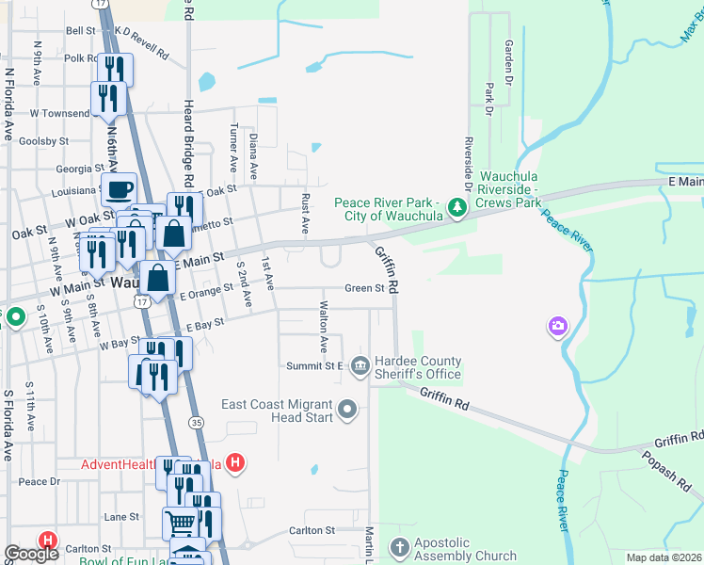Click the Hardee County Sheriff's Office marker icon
coord(359,365)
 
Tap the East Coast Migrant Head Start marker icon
coord(348,409)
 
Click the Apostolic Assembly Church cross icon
coord(399,547)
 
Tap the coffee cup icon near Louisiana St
coord(120,190)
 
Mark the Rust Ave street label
coord(305,214)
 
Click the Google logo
coord(31,554)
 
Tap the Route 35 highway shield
coord(196,424)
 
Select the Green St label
coord(364,288)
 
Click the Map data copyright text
coord(664,557)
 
